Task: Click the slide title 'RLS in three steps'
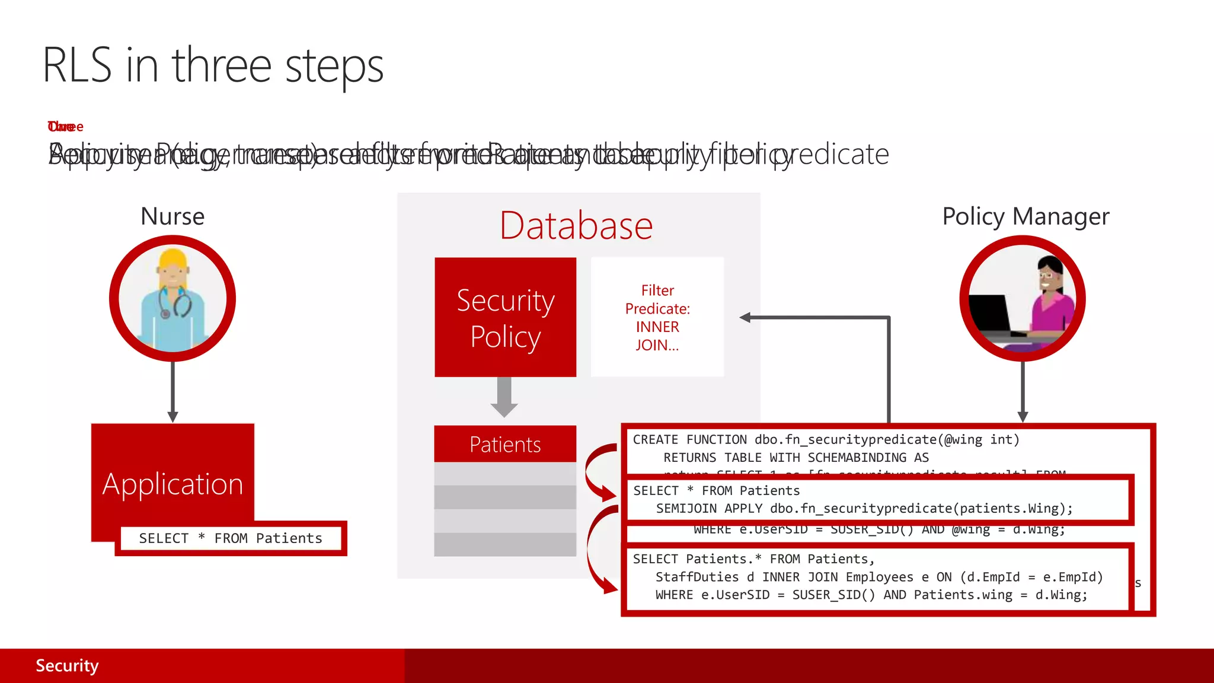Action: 213,66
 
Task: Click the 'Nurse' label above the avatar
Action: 172,216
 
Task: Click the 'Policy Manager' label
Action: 1025,216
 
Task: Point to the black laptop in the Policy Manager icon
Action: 991,315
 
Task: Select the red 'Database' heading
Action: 576,226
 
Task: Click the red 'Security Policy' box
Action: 505,317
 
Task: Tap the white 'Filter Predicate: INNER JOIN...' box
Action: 657,317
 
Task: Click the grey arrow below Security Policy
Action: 504,397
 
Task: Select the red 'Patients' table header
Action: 505,444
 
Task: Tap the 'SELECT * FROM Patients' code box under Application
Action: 231,538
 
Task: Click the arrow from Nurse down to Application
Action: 172,391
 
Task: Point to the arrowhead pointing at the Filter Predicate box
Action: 746,318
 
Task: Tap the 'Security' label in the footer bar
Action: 67,666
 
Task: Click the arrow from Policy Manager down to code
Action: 1023,391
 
